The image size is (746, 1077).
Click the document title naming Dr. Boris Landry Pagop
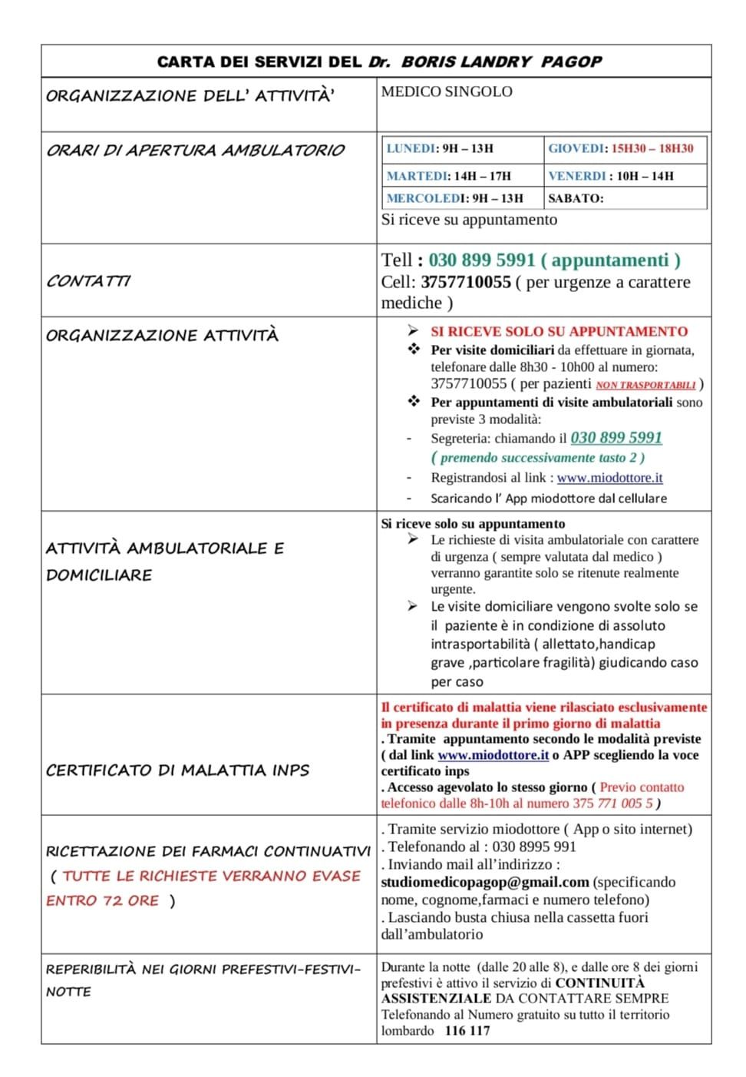pos(379,61)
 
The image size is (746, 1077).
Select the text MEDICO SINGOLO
pos(447,91)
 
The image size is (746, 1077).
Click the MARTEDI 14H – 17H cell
pos(448,176)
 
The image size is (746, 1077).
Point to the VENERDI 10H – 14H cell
pos(611,176)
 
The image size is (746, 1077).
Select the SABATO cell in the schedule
pos(576,198)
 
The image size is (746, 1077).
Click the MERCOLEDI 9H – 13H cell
pos(454,198)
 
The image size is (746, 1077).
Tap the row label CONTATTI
pos(88,281)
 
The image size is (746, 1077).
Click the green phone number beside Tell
pos(481,260)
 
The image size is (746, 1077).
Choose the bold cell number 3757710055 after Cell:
pos(466,282)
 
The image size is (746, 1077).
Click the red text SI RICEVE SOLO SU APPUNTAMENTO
pos(559,332)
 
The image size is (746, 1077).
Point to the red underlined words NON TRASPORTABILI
pos(645,385)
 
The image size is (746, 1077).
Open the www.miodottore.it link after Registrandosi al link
pos(609,478)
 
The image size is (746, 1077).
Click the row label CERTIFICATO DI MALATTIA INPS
pos(177,770)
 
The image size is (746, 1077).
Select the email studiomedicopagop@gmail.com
pos(485,883)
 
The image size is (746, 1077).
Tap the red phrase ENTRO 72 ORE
pos(103,900)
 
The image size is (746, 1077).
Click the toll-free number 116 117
pos(467,1031)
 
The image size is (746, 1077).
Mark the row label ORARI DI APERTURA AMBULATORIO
pos(195,151)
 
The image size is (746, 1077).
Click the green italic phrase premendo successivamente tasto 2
pos(538,458)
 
